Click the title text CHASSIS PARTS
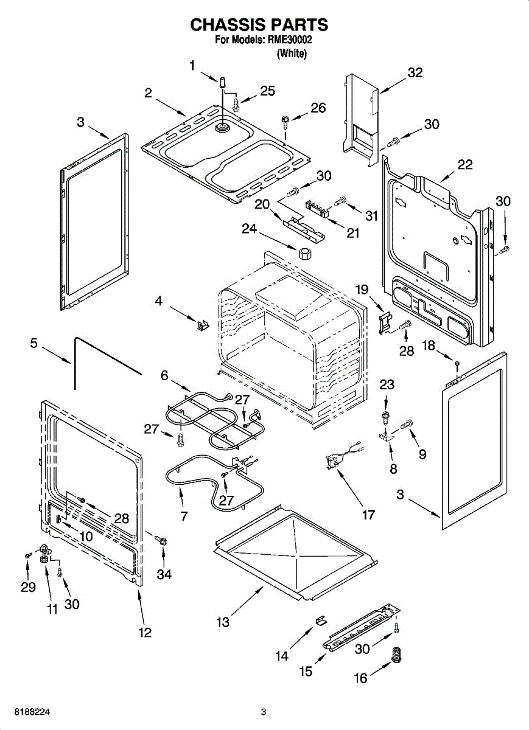[x=259, y=25]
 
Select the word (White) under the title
[x=292, y=54]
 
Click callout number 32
[x=415, y=72]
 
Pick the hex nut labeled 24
[x=304, y=251]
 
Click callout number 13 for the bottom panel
[x=223, y=622]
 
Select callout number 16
[x=361, y=678]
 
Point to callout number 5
[x=34, y=344]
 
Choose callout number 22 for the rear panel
[x=465, y=165]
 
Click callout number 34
[x=164, y=574]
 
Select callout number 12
[x=144, y=632]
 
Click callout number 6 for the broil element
[x=164, y=376]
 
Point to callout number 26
[x=318, y=108]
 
